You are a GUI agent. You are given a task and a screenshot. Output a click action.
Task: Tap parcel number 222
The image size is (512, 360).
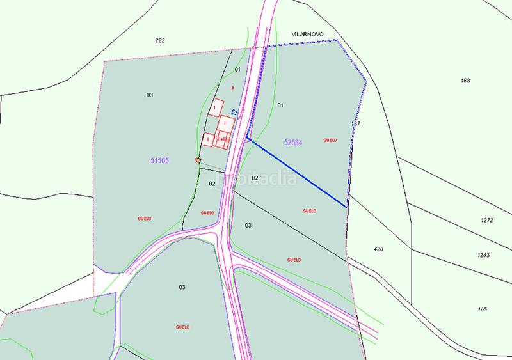point(160,40)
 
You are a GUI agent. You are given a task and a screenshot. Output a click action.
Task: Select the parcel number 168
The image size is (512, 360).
point(465,81)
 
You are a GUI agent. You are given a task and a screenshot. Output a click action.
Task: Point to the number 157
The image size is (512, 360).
point(356,123)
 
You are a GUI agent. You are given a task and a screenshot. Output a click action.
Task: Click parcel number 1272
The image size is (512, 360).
point(486,220)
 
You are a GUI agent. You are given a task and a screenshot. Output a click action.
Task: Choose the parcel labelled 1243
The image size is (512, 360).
point(483,255)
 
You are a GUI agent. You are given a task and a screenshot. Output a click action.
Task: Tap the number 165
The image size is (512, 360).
point(482,309)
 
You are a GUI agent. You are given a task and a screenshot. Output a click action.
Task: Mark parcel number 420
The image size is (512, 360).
point(378,248)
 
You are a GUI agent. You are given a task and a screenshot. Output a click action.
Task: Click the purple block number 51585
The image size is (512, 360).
point(159,161)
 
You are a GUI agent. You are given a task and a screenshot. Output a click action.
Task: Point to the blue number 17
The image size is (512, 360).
point(234,112)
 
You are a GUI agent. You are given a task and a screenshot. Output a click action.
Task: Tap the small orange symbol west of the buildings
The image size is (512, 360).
point(198,160)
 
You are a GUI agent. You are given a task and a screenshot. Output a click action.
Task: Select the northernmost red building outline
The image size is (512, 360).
point(218,106)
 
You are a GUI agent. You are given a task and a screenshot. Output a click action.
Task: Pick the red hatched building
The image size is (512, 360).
point(223,138)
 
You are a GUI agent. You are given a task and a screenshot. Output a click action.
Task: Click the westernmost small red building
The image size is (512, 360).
point(208,139)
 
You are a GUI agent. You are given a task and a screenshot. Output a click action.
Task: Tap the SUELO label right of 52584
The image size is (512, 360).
point(330,140)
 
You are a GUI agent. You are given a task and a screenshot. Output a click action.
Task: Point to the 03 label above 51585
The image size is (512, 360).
point(149,95)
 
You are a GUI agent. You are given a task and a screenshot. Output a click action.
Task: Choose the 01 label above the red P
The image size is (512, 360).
point(237,69)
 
